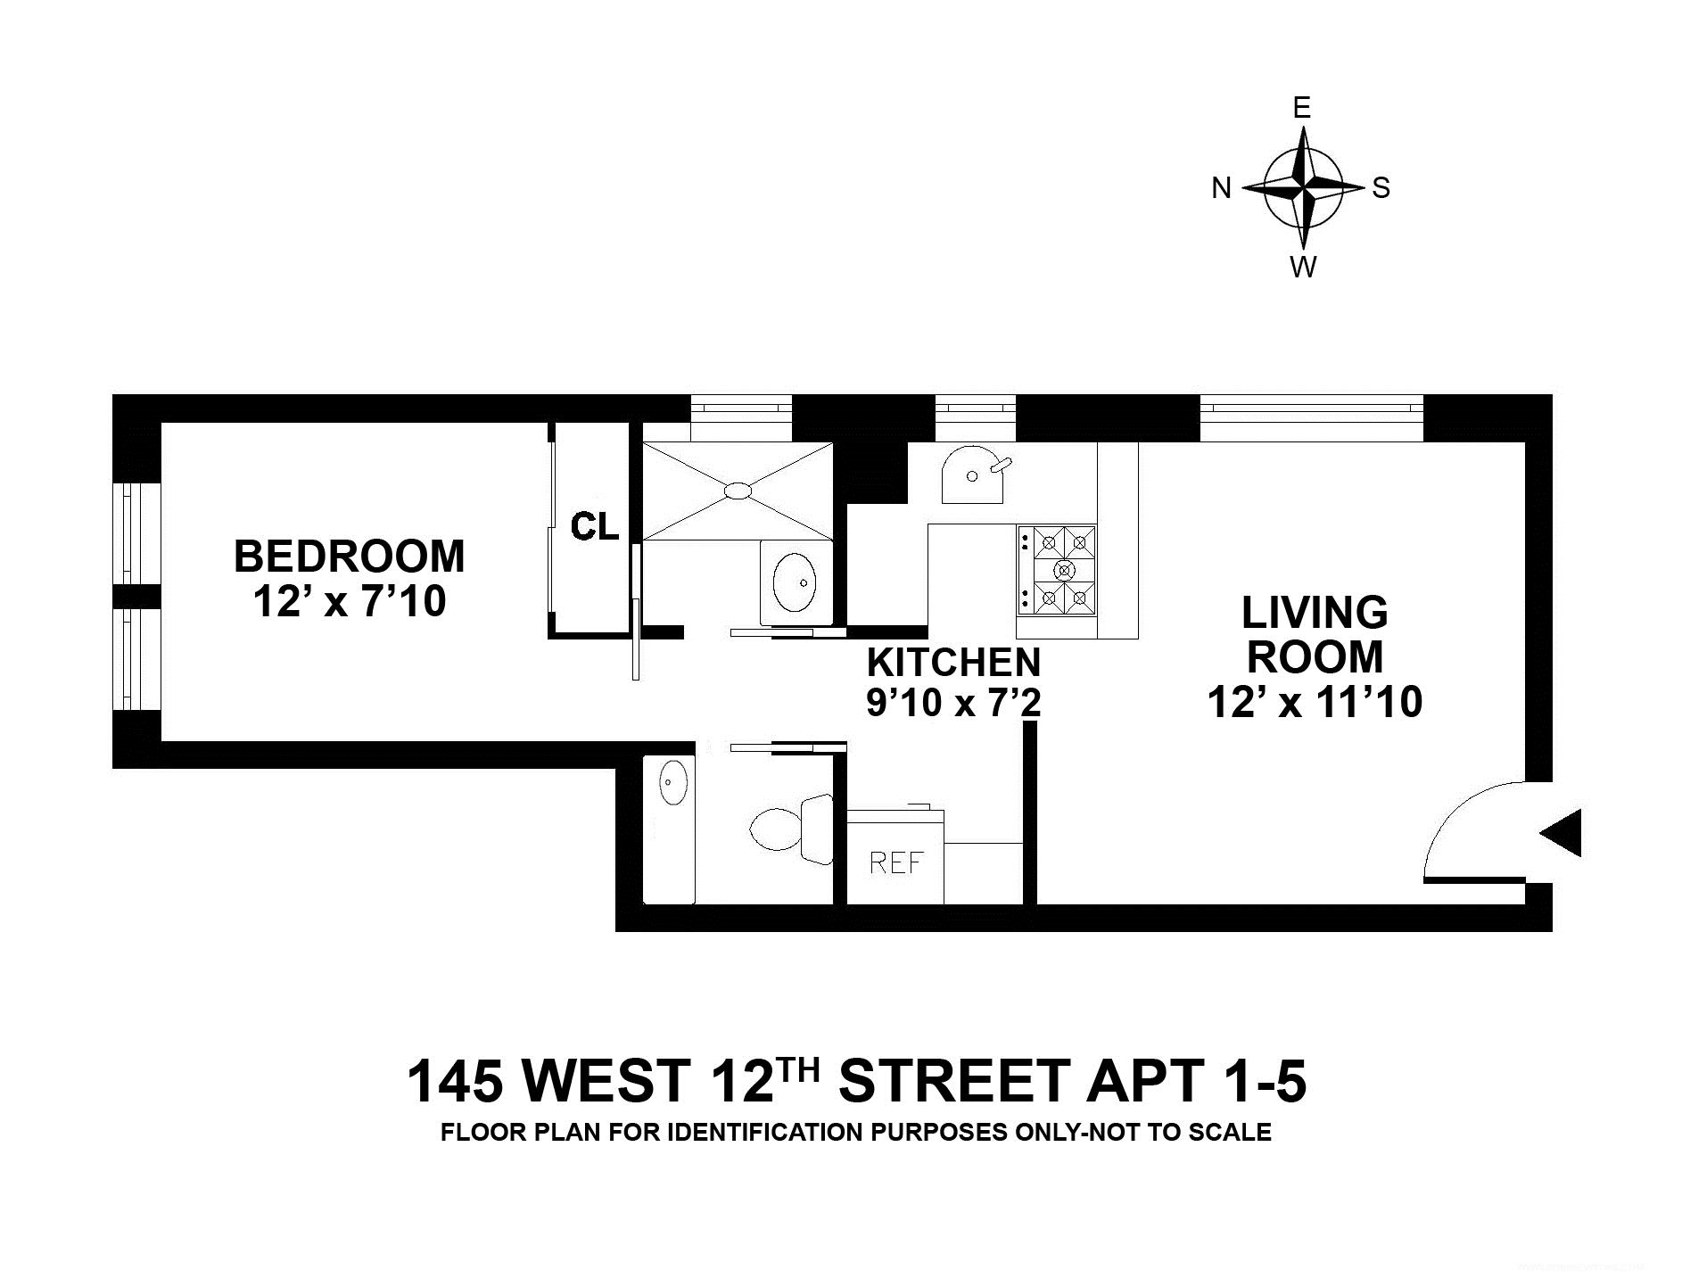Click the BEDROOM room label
click(x=349, y=557)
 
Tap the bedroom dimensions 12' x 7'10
click(x=349, y=601)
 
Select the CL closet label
click(x=595, y=526)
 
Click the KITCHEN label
click(x=954, y=663)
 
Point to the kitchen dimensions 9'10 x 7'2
click(x=954, y=704)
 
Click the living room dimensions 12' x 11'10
click(x=1315, y=702)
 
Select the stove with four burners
click(x=1057, y=570)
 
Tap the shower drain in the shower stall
click(x=738, y=490)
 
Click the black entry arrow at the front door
click(x=1561, y=834)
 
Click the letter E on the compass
click(x=1302, y=108)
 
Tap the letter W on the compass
click(x=1303, y=267)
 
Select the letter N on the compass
click(x=1222, y=188)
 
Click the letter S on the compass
click(x=1381, y=187)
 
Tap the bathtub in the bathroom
click(x=668, y=829)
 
